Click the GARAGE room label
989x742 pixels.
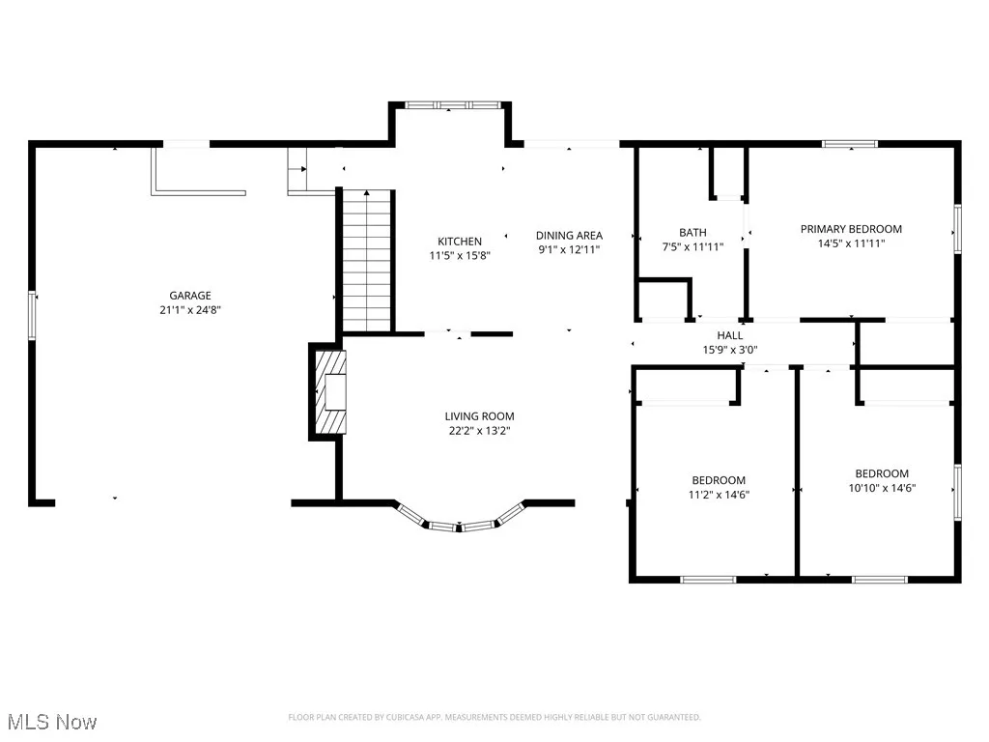[190, 296]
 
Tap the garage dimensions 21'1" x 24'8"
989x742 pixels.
[190, 310]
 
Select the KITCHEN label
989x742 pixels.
[460, 242]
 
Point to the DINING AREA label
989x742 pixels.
[570, 235]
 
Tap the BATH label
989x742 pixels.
[692, 232]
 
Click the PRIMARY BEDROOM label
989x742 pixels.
[851, 229]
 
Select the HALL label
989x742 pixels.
[730, 335]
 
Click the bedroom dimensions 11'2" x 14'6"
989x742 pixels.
[718, 495]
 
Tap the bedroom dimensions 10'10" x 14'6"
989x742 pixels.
[882, 488]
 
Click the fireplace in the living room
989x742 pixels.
[328, 392]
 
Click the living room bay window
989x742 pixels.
[460, 523]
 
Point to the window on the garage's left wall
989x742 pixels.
[33, 315]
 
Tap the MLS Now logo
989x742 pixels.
[52, 722]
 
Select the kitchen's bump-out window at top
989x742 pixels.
[450, 104]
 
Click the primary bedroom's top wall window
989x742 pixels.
[850, 144]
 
